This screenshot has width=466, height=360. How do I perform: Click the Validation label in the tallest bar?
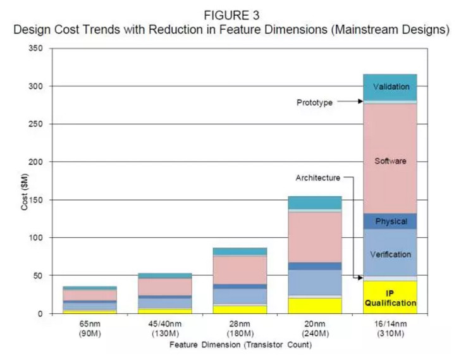[391, 87]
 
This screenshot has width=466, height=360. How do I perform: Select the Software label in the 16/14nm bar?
[390, 161]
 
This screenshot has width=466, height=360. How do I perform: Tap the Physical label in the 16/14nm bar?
[391, 221]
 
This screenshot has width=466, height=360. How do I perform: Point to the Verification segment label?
[391, 254]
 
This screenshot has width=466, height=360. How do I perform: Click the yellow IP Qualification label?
[390, 298]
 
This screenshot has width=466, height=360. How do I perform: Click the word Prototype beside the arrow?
[314, 102]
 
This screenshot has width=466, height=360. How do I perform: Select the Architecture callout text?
[317, 178]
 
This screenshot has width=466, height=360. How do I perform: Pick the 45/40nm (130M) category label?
[164, 328]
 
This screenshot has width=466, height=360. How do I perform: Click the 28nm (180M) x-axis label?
[240, 328]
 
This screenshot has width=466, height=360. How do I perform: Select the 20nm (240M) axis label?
[315, 328]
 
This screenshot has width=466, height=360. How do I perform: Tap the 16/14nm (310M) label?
[390, 328]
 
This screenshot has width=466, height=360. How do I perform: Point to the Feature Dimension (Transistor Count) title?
[240, 345]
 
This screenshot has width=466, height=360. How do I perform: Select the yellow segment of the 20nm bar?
[315, 306]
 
